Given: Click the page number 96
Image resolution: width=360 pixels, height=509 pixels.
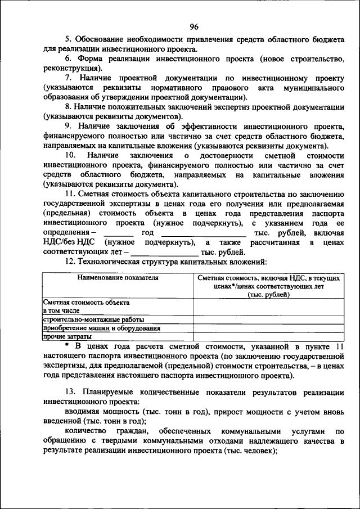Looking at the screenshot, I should pyautogui.click(x=194, y=26).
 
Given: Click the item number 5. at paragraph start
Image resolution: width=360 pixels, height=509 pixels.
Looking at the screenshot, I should pyautogui.click(x=68, y=40).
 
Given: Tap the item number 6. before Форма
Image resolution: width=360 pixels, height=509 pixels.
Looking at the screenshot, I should pyautogui.click(x=67, y=58).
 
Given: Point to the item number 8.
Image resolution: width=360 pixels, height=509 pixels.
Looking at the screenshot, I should pyautogui.click(x=67, y=107).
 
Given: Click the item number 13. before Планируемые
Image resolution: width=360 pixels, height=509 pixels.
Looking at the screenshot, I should pyautogui.click(x=70, y=390).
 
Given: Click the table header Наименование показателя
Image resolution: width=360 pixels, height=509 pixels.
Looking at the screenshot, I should pyautogui.click(x=118, y=278).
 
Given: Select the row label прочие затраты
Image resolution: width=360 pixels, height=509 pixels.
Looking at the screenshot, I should pyautogui.click(x=62, y=336).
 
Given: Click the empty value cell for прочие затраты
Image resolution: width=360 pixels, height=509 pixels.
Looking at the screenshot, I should pyautogui.click(x=268, y=336).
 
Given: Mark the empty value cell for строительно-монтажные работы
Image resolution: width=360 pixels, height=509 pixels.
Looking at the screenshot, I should pyautogui.click(x=268, y=319).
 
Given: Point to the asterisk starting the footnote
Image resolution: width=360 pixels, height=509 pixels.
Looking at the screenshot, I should pyautogui.click(x=66, y=345).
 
